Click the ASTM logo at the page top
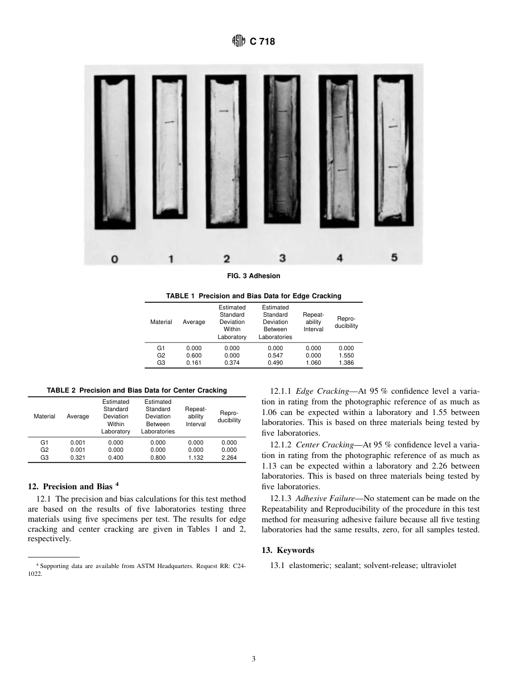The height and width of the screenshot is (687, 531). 239,41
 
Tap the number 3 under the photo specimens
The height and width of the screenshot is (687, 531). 282,258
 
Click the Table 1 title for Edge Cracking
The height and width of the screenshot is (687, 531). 254,296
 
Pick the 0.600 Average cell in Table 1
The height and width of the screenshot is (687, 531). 193,355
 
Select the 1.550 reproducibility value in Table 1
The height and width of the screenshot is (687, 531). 346,355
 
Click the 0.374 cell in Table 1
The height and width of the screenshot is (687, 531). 231,362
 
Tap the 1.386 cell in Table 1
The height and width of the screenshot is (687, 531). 346,362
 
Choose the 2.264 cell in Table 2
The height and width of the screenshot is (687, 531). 229,457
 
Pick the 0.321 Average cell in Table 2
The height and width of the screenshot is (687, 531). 78,457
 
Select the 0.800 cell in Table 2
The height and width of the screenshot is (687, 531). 158,457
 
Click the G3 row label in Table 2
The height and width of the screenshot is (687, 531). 44,457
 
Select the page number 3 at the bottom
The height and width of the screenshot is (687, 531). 254,659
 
